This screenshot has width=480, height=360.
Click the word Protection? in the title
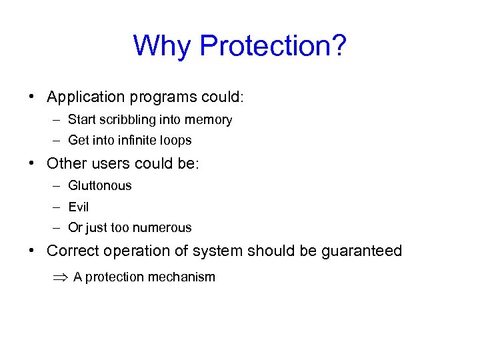click(273, 47)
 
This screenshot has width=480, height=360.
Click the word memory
click(209, 120)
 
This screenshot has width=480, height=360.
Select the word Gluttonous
click(100, 186)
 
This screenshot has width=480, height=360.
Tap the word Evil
click(78, 207)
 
